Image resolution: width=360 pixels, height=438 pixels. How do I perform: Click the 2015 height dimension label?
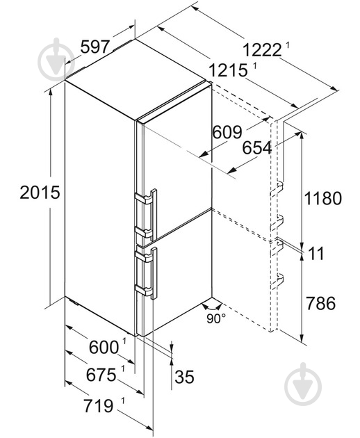(x=40, y=192)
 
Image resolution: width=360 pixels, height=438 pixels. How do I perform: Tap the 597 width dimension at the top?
(x=95, y=47)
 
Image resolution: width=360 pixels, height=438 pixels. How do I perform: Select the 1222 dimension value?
(x=262, y=50)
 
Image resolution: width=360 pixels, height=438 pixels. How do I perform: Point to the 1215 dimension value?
(x=228, y=70)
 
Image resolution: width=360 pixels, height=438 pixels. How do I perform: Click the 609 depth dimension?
(x=227, y=132)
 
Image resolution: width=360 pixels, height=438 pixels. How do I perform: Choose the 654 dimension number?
(x=256, y=148)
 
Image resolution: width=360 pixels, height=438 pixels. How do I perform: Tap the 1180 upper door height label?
(x=323, y=198)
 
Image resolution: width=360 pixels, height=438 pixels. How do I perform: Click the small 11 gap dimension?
(x=316, y=253)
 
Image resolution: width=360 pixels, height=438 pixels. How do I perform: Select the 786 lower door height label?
(x=320, y=303)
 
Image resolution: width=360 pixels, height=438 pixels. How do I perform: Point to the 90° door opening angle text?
(x=216, y=318)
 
